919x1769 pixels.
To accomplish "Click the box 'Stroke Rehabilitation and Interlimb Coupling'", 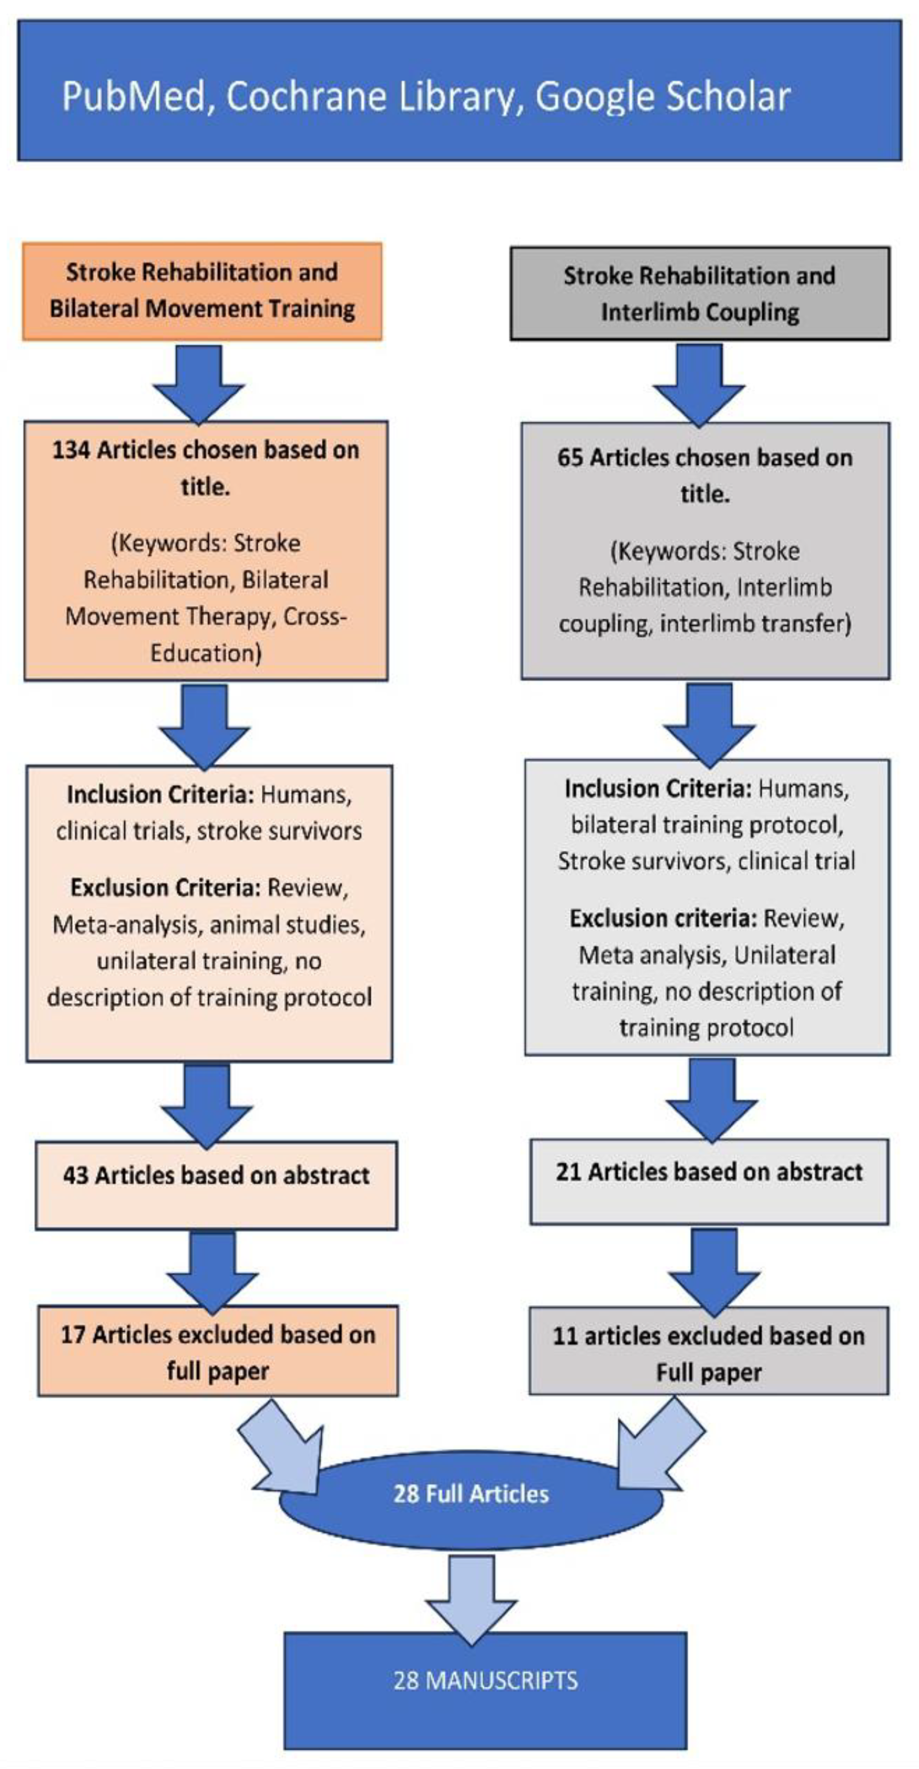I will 699,294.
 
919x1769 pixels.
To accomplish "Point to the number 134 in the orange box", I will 71,451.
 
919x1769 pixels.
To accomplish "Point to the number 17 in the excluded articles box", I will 73,1334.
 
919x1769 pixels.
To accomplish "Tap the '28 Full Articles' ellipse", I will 471,1493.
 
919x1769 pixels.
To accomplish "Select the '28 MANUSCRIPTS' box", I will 485,1680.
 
